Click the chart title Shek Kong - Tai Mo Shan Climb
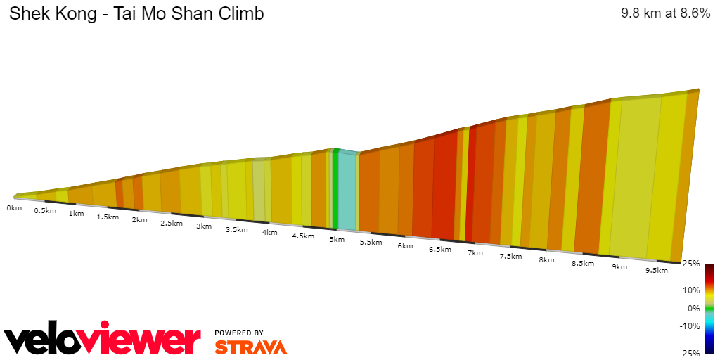click(x=136, y=14)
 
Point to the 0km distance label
click(x=14, y=208)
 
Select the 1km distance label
click(x=77, y=213)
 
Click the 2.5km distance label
click(x=172, y=223)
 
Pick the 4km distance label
click(x=269, y=232)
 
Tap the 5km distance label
click(x=337, y=239)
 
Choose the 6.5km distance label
click(x=439, y=249)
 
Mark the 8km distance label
click(x=546, y=259)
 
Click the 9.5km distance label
click(x=656, y=270)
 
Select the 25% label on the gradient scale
click(x=690, y=264)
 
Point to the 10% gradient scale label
click(x=692, y=290)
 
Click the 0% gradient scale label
click(x=693, y=308)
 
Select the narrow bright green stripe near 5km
click(x=335, y=190)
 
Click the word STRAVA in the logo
click(x=250, y=347)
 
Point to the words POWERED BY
click(x=239, y=333)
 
